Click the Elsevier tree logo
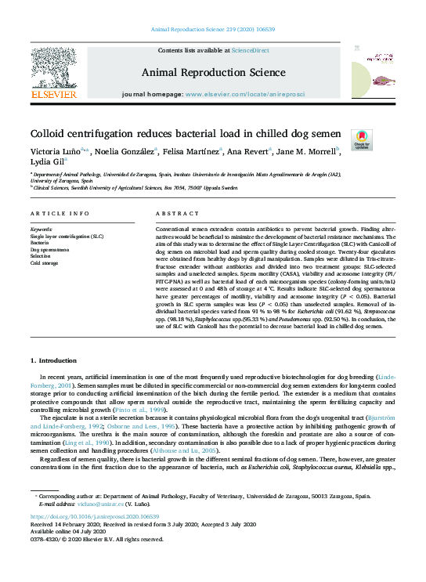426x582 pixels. coord(53,69)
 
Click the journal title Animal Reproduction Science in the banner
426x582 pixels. coord(212,73)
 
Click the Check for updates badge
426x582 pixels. coord(362,139)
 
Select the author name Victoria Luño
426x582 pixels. coord(49,152)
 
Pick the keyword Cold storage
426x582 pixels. coord(45,262)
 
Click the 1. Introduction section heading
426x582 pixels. coord(55,360)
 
